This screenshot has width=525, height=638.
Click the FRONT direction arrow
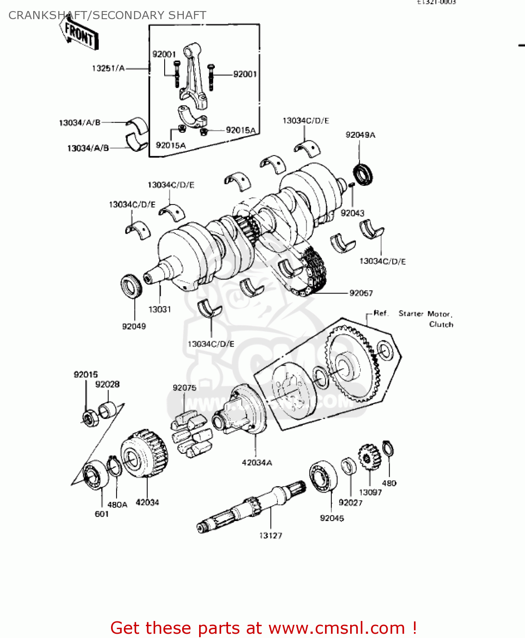(80, 34)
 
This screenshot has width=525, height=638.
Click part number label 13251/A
(108, 68)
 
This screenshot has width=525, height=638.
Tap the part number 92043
(352, 213)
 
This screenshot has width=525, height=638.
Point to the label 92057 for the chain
(361, 293)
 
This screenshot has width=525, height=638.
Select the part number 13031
(160, 310)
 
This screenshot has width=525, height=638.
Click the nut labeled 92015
(89, 419)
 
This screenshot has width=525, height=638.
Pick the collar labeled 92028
(106, 410)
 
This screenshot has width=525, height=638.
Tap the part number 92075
(184, 388)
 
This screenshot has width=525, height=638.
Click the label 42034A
(257, 463)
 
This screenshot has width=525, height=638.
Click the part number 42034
(147, 502)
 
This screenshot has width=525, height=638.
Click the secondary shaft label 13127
(271, 535)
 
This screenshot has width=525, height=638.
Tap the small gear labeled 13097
(368, 457)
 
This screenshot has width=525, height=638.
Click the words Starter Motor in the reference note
(425, 314)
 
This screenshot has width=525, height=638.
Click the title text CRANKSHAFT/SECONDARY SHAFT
(107, 15)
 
